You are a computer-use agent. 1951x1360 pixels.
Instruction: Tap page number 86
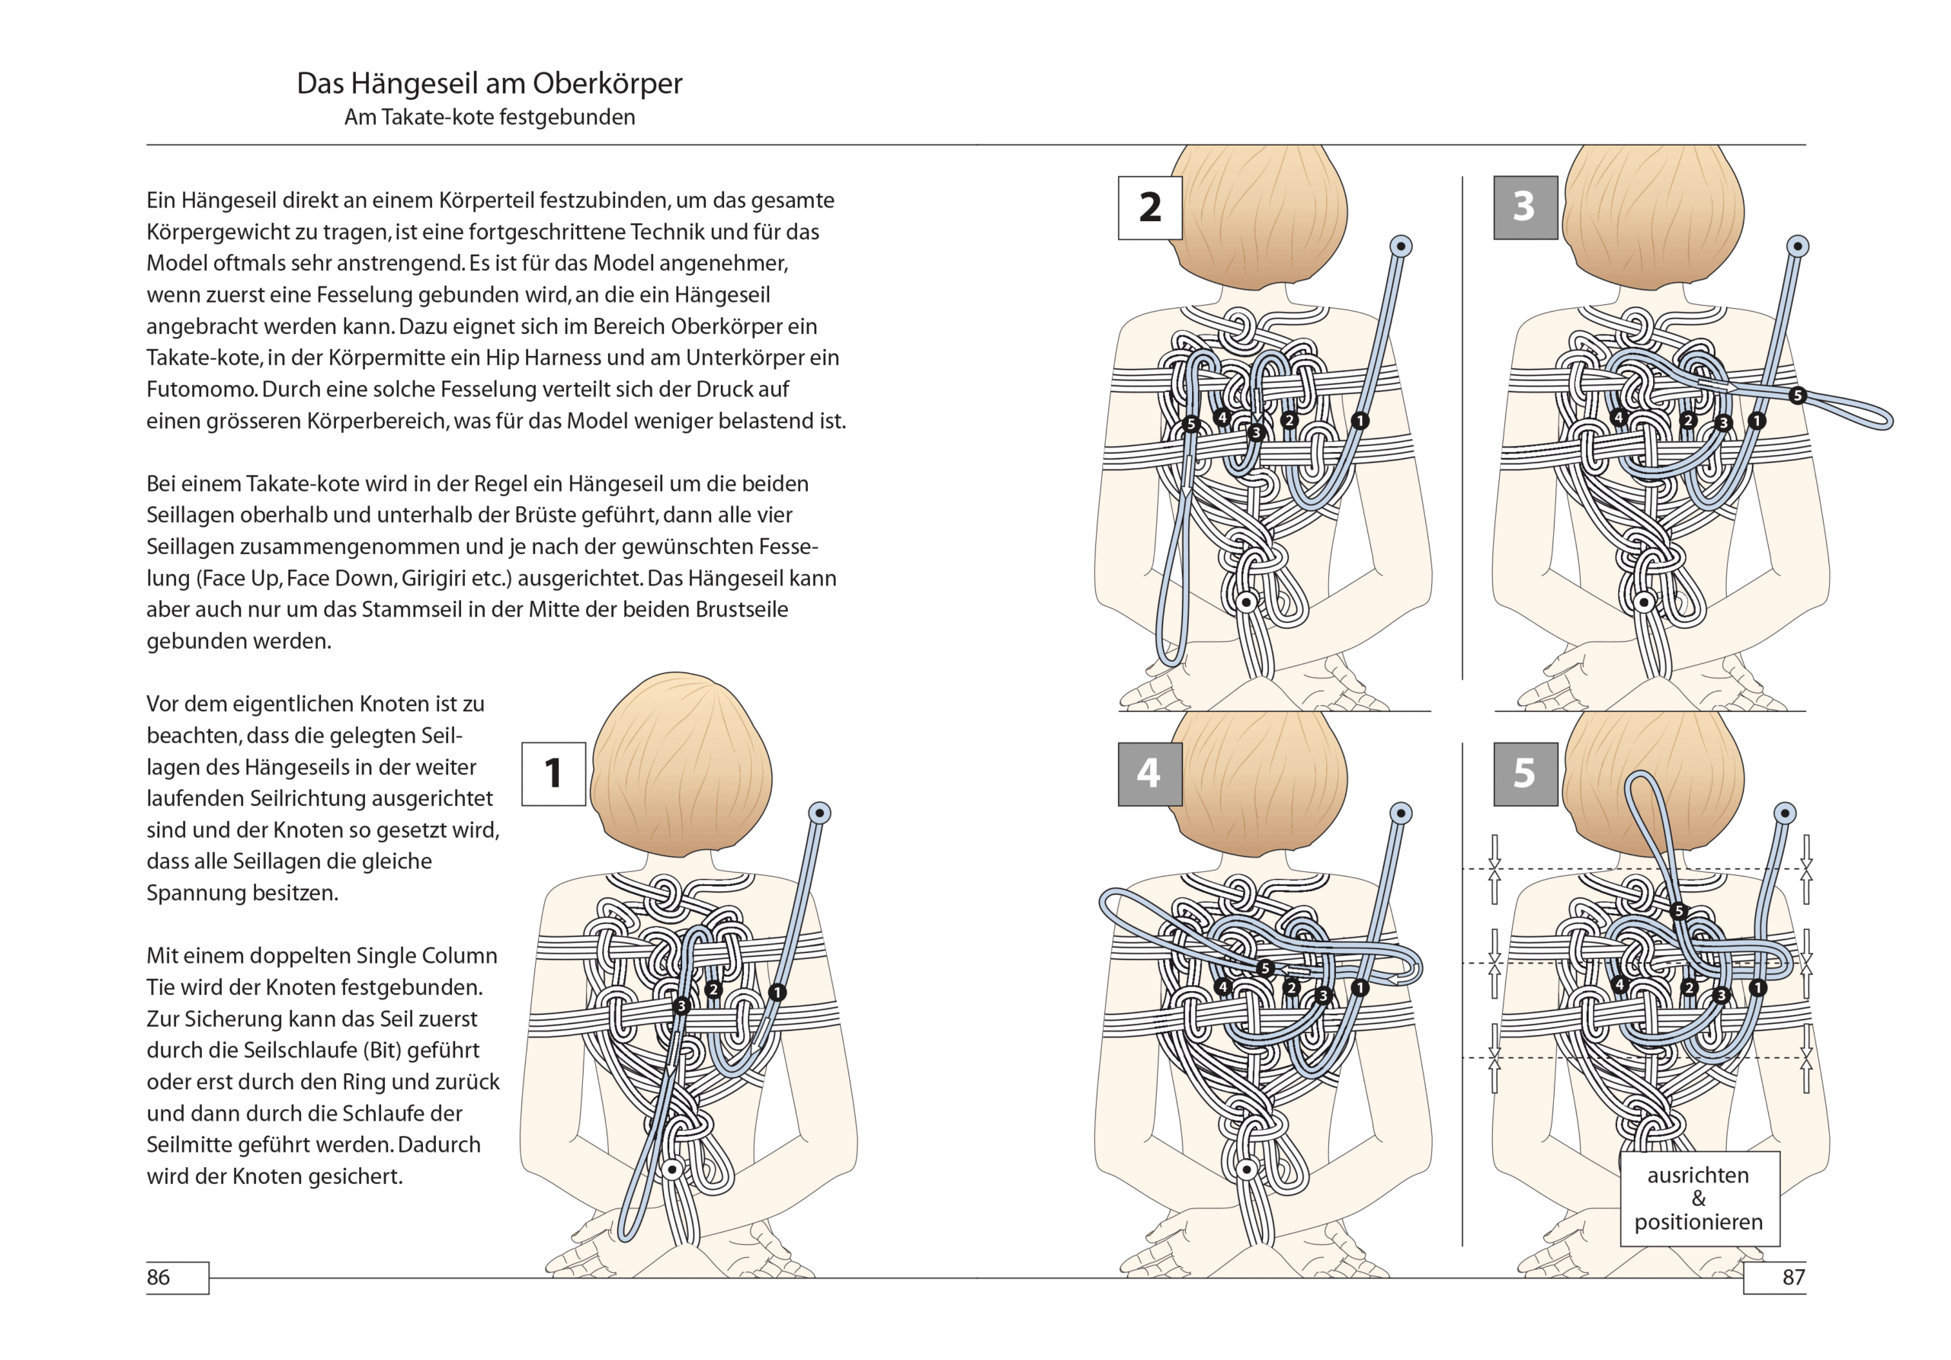(x=159, y=1277)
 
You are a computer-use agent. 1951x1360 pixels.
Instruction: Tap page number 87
(x=1793, y=1277)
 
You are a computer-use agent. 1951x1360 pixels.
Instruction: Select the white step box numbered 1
(x=553, y=774)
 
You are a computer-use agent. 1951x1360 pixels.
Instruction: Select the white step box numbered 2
(x=1150, y=207)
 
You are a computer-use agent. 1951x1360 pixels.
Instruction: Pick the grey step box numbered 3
(x=1525, y=207)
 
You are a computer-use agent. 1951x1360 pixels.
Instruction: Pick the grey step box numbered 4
(x=1150, y=774)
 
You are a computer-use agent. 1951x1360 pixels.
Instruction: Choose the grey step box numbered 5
(x=1525, y=774)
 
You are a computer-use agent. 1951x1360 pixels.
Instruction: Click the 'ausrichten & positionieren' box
(x=1699, y=1198)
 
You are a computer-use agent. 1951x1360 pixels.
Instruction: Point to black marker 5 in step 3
(x=1797, y=395)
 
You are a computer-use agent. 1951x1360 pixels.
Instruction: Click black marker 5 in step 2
(x=1190, y=424)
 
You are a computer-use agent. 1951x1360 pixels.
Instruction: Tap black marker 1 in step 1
(x=777, y=992)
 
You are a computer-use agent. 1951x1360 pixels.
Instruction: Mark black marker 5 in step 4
(x=1265, y=968)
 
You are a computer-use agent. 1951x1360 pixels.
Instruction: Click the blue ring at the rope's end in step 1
(x=819, y=813)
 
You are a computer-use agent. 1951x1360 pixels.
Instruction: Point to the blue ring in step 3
(x=1798, y=246)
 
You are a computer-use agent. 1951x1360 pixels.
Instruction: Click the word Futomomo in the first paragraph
(x=200, y=390)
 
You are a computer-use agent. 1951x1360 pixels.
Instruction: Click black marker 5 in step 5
(x=1678, y=911)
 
